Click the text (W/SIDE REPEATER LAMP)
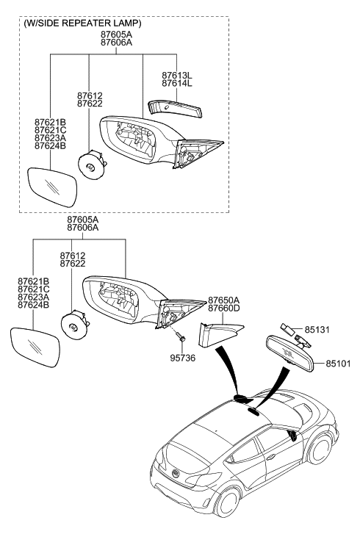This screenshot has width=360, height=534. (x=82, y=24)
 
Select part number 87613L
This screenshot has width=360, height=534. (x=176, y=76)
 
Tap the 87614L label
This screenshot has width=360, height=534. (x=176, y=85)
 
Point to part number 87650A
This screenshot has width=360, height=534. (x=224, y=300)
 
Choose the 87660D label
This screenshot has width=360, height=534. (x=224, y=310)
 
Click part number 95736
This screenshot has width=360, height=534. (x=184, y=359)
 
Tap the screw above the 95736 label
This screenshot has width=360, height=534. (x=181, y=339)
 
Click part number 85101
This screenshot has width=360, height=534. (x=340, y=363)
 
